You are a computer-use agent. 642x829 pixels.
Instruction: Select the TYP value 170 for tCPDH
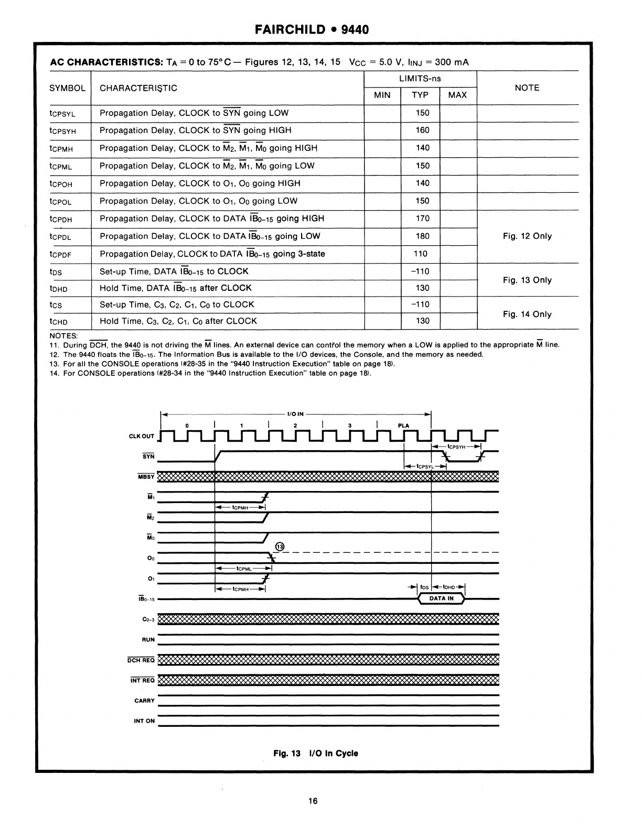pyautogui.click(x=422, y=219)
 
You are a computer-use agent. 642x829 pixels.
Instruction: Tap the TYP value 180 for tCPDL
pyautogui.click(x=422, y=236)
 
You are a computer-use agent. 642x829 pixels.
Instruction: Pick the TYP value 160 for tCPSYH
pyautogui.click(x=422, y=130)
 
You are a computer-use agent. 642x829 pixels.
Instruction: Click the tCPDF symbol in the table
pyautogui.click(x=60, y=255)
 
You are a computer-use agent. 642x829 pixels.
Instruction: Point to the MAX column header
pyautogui.click(x=457, y=95)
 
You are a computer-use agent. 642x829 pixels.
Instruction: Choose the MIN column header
pyautogui.click(x=382, y=95)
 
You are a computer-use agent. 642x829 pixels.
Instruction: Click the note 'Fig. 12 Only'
pyautogui.click(x=527, y=236)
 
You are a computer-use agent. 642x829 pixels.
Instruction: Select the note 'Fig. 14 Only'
pyautogui.click(x=527, y=314)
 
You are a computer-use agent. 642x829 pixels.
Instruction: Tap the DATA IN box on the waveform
pyautogui.click(x=441, y=598)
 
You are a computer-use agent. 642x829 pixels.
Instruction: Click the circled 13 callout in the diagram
pyautogui.click(x=280, y=547)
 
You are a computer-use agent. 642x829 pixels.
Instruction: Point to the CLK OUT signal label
pyautogui.click(x=142, y=437)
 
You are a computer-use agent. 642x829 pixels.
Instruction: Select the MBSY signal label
pyautogui.click(x=146, y=477)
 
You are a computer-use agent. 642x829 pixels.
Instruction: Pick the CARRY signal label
pyautogui.click(x=144, y=701)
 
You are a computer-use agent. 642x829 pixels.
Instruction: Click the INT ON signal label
pyautogui.click(x=144, y=721)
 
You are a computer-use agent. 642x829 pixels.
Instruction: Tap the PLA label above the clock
pyautogui.click(x=403, y=426)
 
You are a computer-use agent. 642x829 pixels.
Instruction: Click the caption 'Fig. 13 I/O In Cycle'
pyautogui.click(x=316, y=754)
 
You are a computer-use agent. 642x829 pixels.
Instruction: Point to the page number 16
pyautogui.click(x=313, y=801)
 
